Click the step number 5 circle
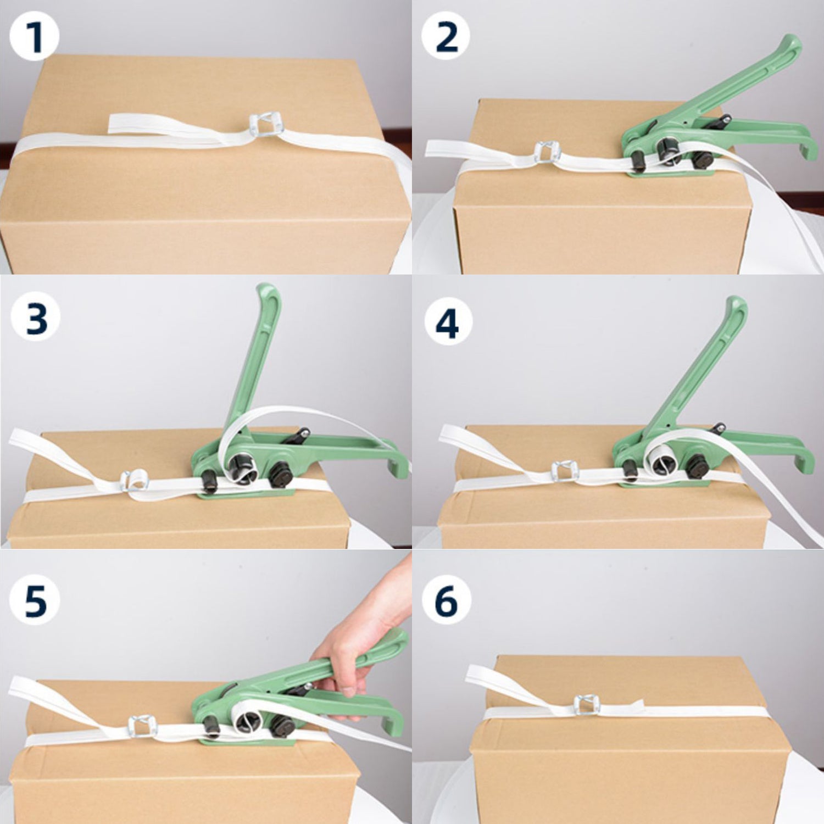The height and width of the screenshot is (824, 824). pyautogui.click(x=35, y=599)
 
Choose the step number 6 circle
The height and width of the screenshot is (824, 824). pyautogui.click(x=446, y=599)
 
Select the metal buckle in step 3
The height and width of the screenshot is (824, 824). pyautogui.click(x=135, y=480)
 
